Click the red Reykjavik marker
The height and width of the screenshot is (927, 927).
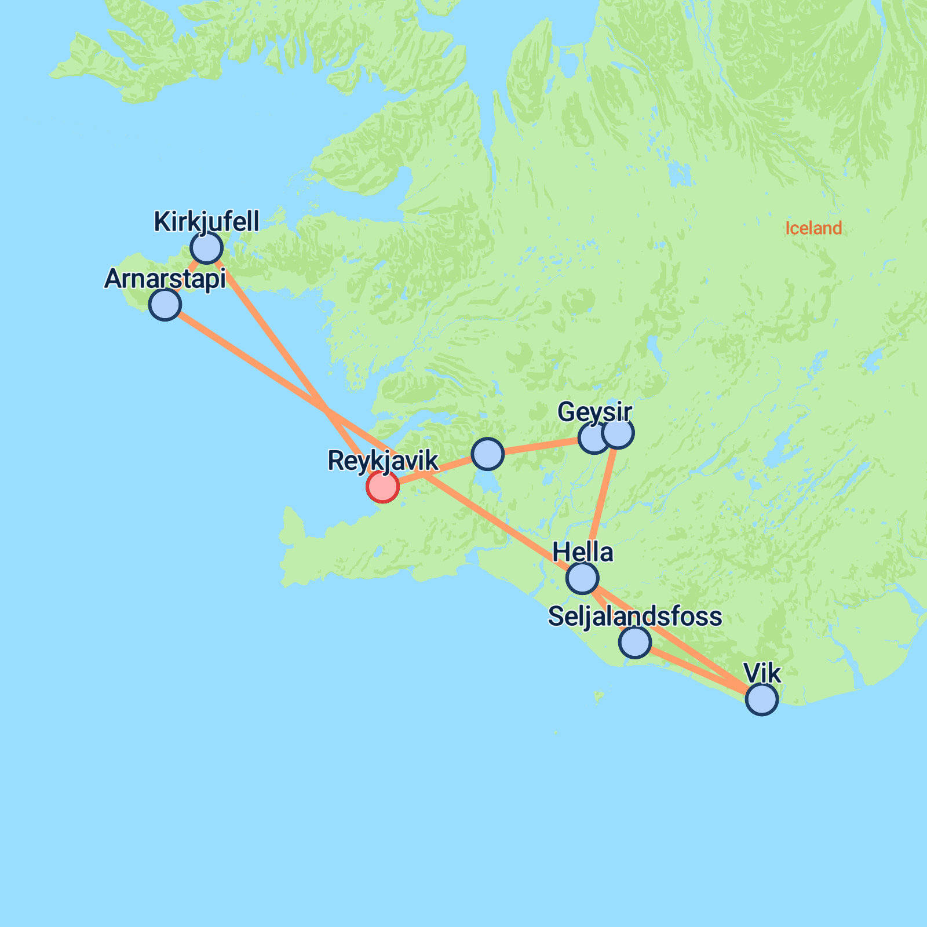(382, 486)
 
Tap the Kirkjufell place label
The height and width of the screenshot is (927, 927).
(206, 222)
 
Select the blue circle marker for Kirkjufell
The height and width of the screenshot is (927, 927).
(206, 248)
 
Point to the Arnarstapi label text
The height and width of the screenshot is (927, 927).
(165, 279)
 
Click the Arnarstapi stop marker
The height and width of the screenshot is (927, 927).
(165, 304)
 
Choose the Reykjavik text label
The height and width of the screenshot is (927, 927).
(383, 461)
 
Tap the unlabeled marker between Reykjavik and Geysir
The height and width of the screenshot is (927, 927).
(487, 454)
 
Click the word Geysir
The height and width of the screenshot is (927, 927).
(594, 413)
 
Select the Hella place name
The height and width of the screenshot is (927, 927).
(582, 553)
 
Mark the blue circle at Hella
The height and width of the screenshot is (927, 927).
(582, 578)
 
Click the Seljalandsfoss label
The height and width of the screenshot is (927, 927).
(635, 616)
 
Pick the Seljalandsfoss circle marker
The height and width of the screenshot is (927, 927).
(635, 642)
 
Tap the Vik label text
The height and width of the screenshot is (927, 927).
(762, 674)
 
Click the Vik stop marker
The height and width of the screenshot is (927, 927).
(762, 699)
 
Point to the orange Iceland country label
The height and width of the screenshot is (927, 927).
(813, 228)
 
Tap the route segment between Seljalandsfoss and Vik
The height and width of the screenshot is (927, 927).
(698, 670)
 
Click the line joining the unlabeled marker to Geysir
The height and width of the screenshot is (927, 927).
(539, 446)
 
